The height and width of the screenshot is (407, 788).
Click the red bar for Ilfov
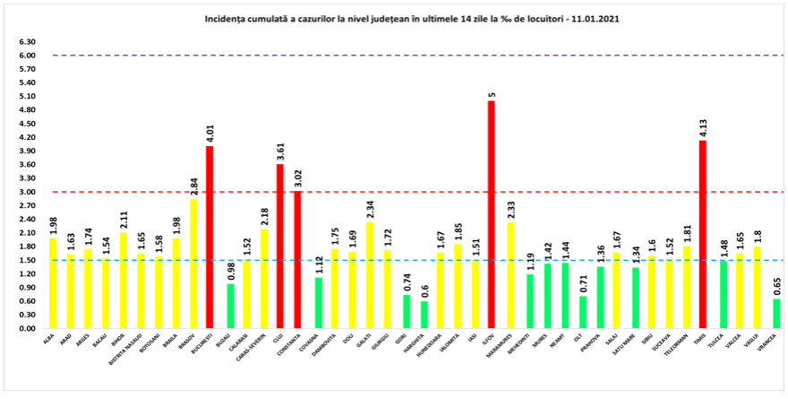[x=491, y=215]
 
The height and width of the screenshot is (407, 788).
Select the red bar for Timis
[x=703, y=235]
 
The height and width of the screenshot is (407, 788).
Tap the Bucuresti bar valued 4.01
[x=210, y=238]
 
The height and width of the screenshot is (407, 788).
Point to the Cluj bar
[x=279, y=247]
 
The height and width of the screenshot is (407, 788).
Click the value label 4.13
[x=703, y=127]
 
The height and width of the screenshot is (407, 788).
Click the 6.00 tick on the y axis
[x=28, y=56]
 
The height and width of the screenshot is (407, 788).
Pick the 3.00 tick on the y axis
[x=28, y=192]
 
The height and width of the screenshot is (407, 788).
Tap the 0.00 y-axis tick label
[x=28, y=328]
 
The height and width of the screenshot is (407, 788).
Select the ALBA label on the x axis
[x=47, y=337]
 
